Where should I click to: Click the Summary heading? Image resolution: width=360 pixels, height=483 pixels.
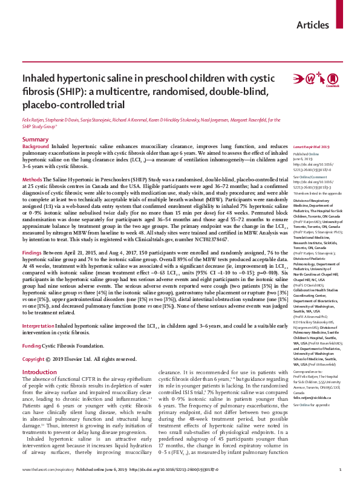click(35, 140)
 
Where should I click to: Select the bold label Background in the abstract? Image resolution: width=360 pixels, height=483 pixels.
click(36, 147)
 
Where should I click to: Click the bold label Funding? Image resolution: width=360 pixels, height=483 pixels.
click(33, 329)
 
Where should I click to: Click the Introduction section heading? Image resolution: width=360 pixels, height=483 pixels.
click(39, 355)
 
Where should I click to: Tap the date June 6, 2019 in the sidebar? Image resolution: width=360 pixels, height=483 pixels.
click(302, 158)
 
